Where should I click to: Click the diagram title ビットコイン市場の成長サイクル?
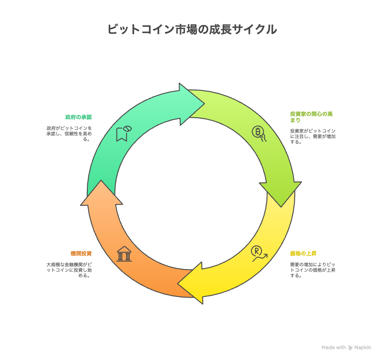(192, 29)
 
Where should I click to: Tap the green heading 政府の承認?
(78, 117)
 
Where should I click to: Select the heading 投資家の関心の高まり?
(311, 117)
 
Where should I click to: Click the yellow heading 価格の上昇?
(303, 254)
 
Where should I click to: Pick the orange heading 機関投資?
(81, 254)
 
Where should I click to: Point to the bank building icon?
(124, 254)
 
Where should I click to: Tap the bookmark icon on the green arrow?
(124, 134)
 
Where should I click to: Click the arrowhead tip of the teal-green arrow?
(204, 104)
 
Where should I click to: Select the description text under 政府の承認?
(69, 134)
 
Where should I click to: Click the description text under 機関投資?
(69, 270)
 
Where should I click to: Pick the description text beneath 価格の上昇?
(313, 270)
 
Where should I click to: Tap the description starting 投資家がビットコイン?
(313, 136)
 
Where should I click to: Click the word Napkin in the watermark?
(362, 348)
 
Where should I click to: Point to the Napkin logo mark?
(350, 348)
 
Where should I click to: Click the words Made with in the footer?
(334, 348)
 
